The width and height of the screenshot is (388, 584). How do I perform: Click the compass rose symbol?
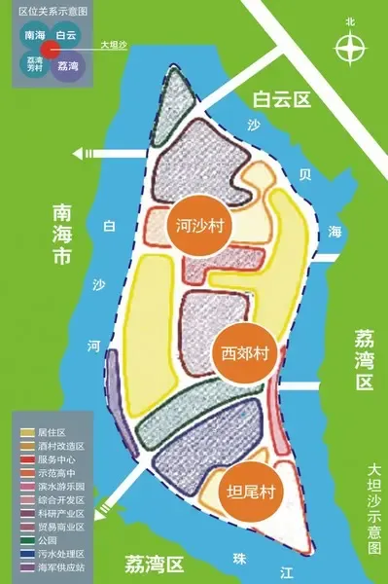[350, 47]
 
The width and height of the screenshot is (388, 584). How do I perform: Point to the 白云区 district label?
[279, 98]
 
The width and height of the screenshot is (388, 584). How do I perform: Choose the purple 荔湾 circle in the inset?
[67, 65]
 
